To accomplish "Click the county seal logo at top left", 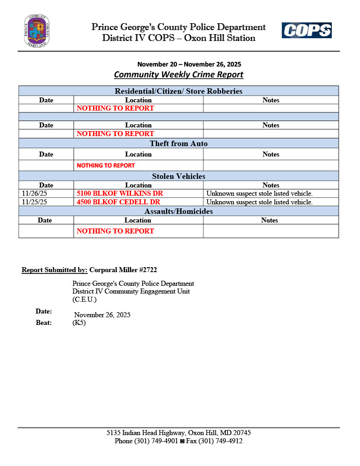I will [37, 31].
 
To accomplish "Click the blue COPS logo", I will [306, 30].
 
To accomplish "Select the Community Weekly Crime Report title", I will [178, 75].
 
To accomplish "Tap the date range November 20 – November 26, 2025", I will [189, 64].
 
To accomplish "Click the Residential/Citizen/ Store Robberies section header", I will [178, 91].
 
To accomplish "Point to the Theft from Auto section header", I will [178, 144].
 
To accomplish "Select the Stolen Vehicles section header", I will [178, 176].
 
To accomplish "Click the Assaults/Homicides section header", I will [178, 212].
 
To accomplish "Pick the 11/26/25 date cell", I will [35, 193].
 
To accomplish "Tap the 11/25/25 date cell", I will [35, 202].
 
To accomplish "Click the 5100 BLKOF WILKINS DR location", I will [120, 193].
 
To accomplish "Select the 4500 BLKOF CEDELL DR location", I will [118, 202].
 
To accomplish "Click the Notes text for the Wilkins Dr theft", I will [259, 193].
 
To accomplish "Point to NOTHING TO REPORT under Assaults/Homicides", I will [115, 231].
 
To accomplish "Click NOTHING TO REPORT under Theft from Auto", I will [106, 166].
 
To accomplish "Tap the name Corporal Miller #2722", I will [123, 270].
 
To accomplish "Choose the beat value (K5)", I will [79, 323].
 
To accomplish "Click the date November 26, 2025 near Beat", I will [102, 315].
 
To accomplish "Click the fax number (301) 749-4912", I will [221, 441].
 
